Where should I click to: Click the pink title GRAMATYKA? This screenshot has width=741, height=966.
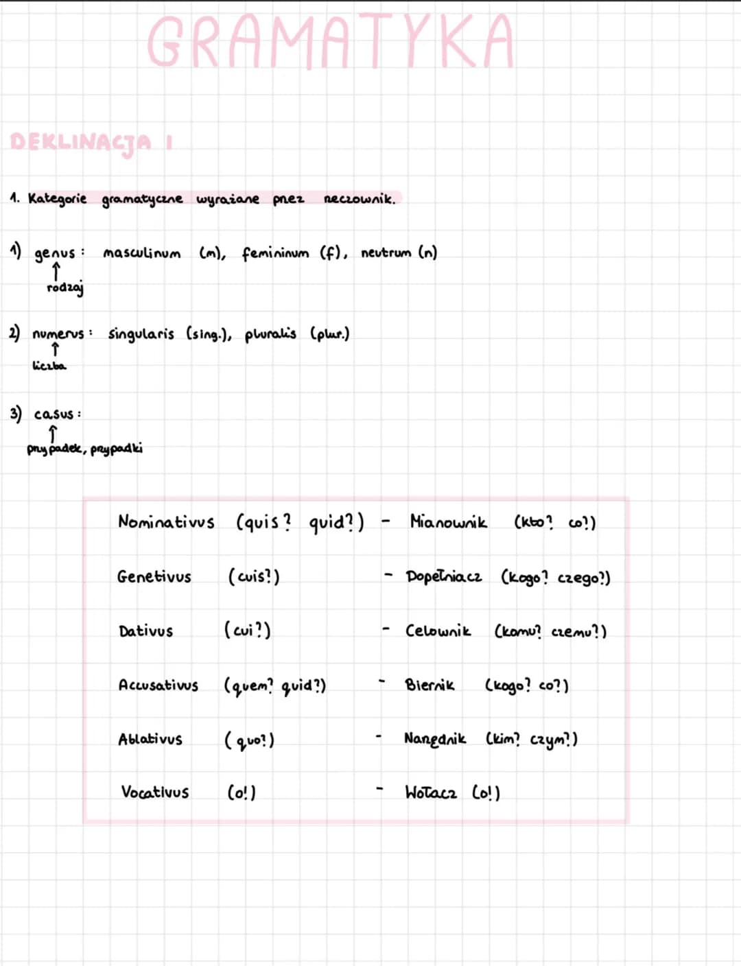pos(331,41)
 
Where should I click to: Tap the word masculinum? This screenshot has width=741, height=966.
pos(142,253)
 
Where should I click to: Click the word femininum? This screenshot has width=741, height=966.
pos(275,253)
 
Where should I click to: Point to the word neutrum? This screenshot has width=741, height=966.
pos(386,253)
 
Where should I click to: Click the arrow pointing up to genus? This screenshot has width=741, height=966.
pos(56,271)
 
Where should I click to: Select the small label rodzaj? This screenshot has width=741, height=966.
pos(65,289)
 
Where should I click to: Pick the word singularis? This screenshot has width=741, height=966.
pos(141,335)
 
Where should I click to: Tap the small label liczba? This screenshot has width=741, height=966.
pos(49,366)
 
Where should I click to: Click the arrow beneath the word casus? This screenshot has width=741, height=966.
pos(53,434)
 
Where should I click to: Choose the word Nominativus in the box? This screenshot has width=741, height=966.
pos(166,521)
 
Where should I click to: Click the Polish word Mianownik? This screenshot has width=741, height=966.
pos(448,522)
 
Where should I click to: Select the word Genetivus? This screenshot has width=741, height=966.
pos(154,577)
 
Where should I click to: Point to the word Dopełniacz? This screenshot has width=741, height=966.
pos(444,577)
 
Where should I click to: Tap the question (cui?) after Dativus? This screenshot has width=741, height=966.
pos(248,631)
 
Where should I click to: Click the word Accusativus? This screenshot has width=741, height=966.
pos(158,685)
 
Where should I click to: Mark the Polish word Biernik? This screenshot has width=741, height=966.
pos(430,685)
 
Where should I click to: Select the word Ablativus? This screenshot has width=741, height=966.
pos(150,740)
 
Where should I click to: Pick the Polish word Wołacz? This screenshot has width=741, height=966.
pos(431,792)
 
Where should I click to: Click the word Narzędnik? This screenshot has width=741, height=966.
pos(435,740)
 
